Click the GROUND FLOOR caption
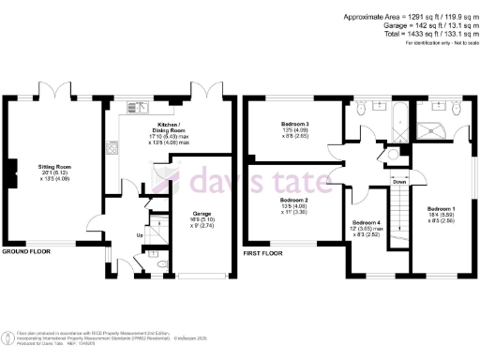[25, 252]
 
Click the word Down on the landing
[399, 182]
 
